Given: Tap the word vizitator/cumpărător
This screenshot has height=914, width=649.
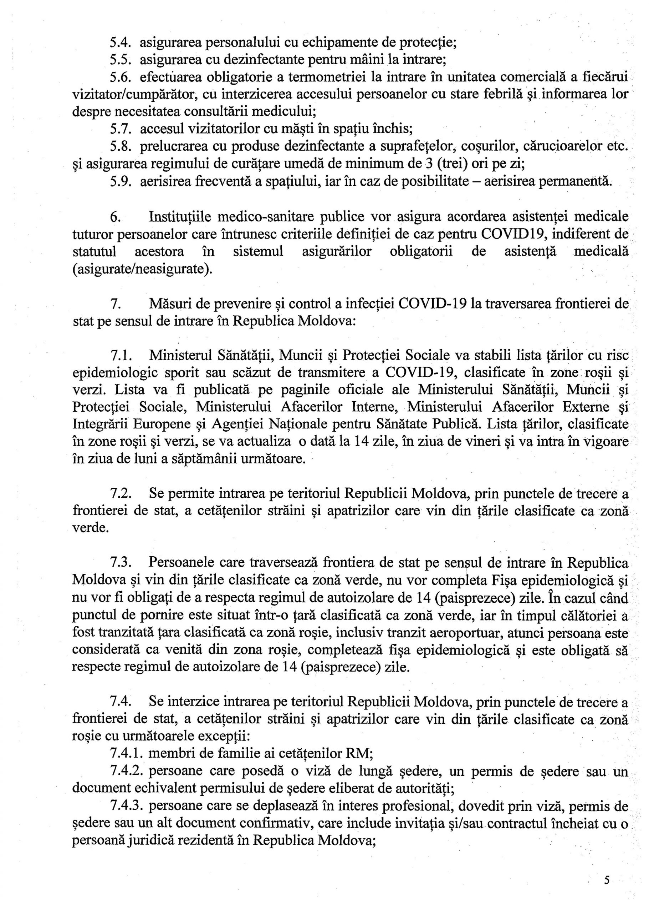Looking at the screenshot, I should point(133,94).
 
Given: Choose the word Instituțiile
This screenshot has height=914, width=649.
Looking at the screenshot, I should point(179,217).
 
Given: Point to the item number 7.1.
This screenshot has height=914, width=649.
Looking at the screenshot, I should point(122,355).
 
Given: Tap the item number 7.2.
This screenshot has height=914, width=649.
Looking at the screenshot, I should point(122,494).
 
